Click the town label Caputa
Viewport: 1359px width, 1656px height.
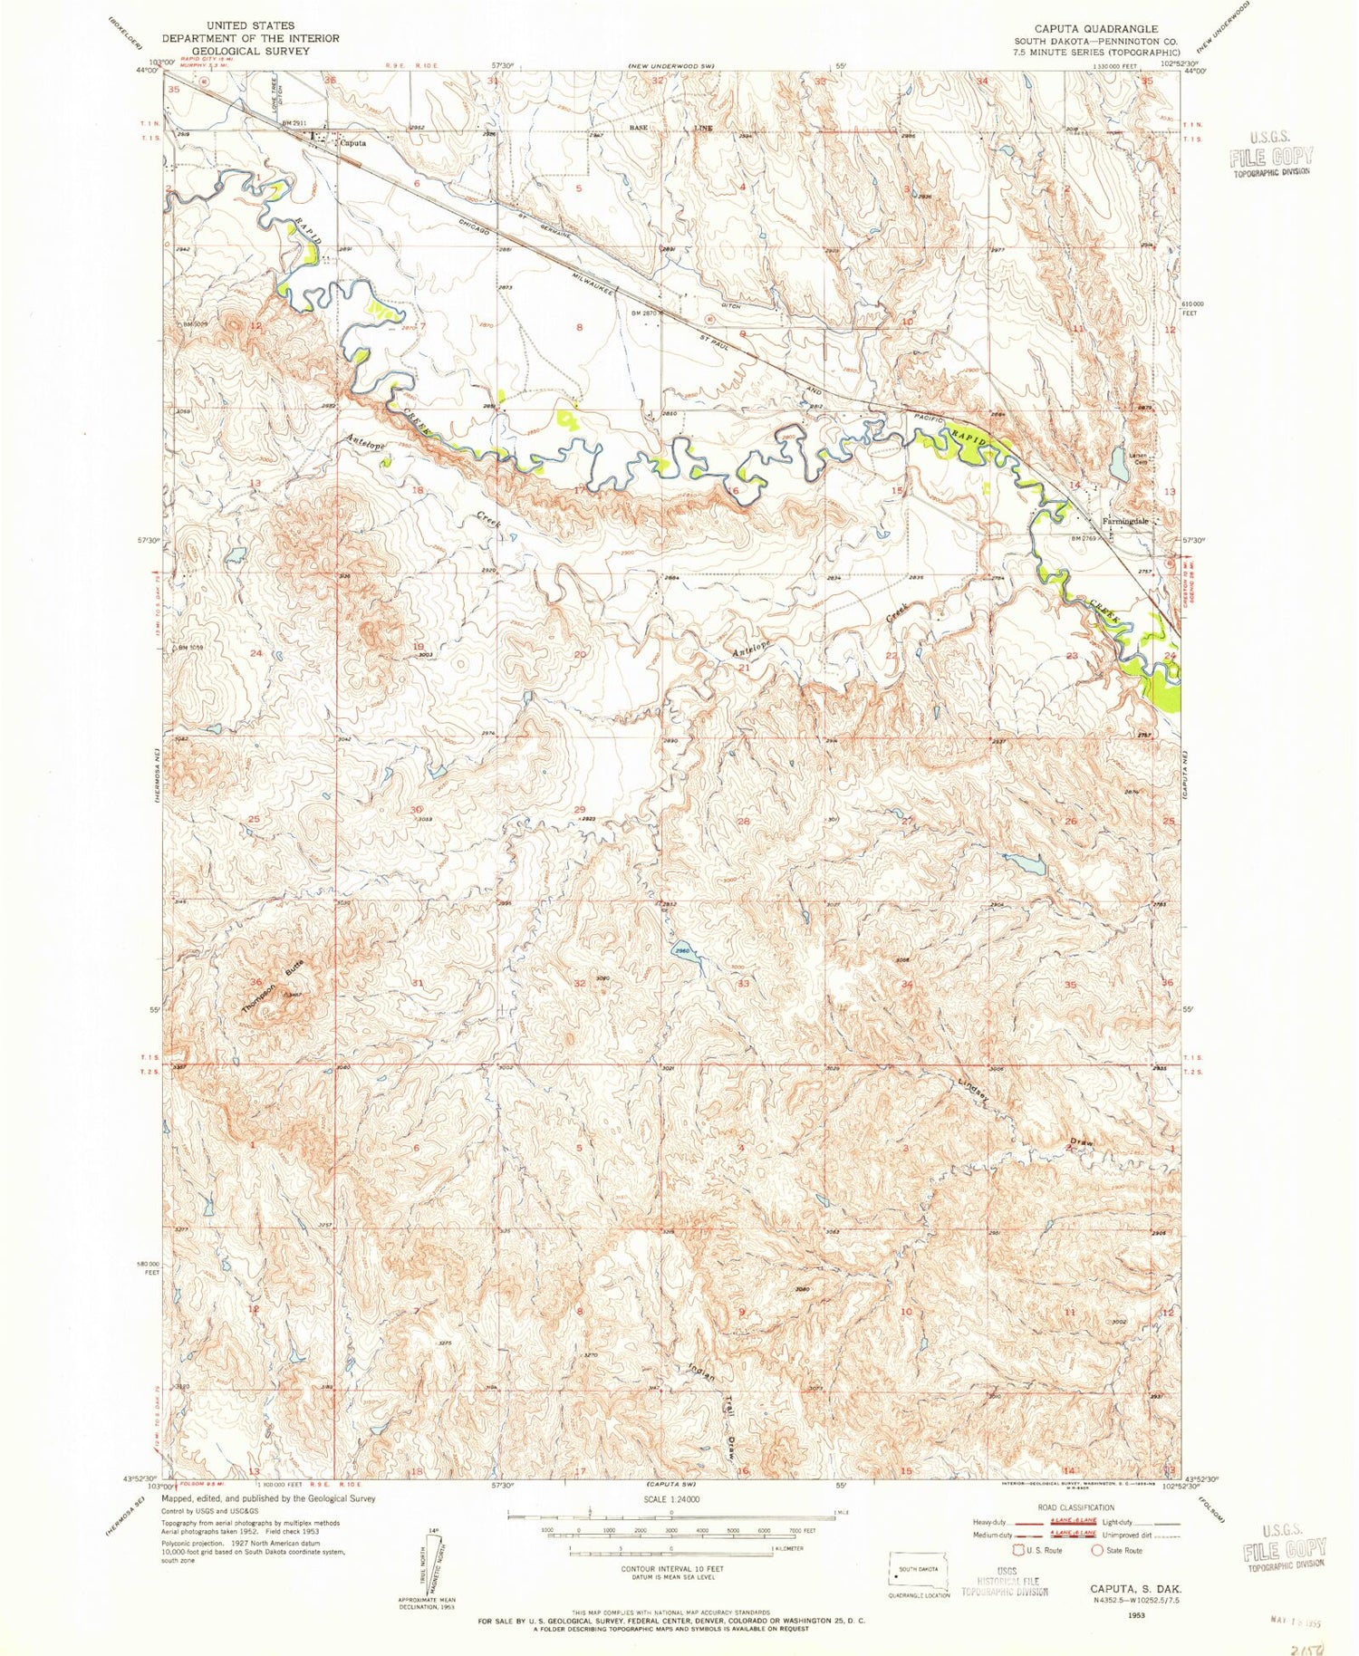click(354, 142)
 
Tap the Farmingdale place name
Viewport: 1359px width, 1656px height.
click(1125, 522)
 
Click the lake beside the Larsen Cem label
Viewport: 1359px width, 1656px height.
click(1120, 467)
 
